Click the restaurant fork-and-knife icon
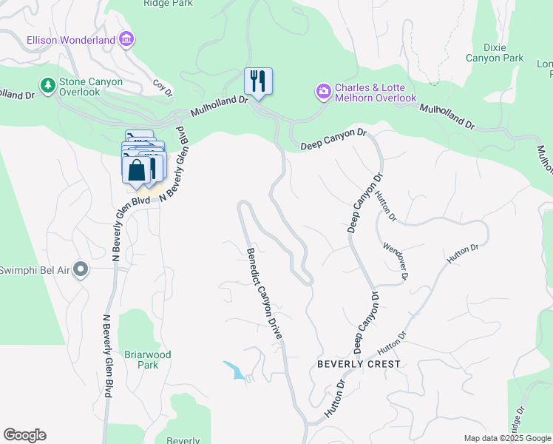pos(258,81)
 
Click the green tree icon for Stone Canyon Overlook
pos(48,86)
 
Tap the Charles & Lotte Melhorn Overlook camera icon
pos(324,92)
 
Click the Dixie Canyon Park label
pos(494,52)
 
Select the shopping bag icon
pos(137,169)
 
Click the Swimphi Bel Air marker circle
pos(81,270)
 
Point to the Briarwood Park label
pos(148,360)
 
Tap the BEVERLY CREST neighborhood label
pos(359,364)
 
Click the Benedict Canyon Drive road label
pos(265,294)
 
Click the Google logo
pos(24,435)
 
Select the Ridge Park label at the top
pos(167,4)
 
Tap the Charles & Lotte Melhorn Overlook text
pos(376,92)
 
